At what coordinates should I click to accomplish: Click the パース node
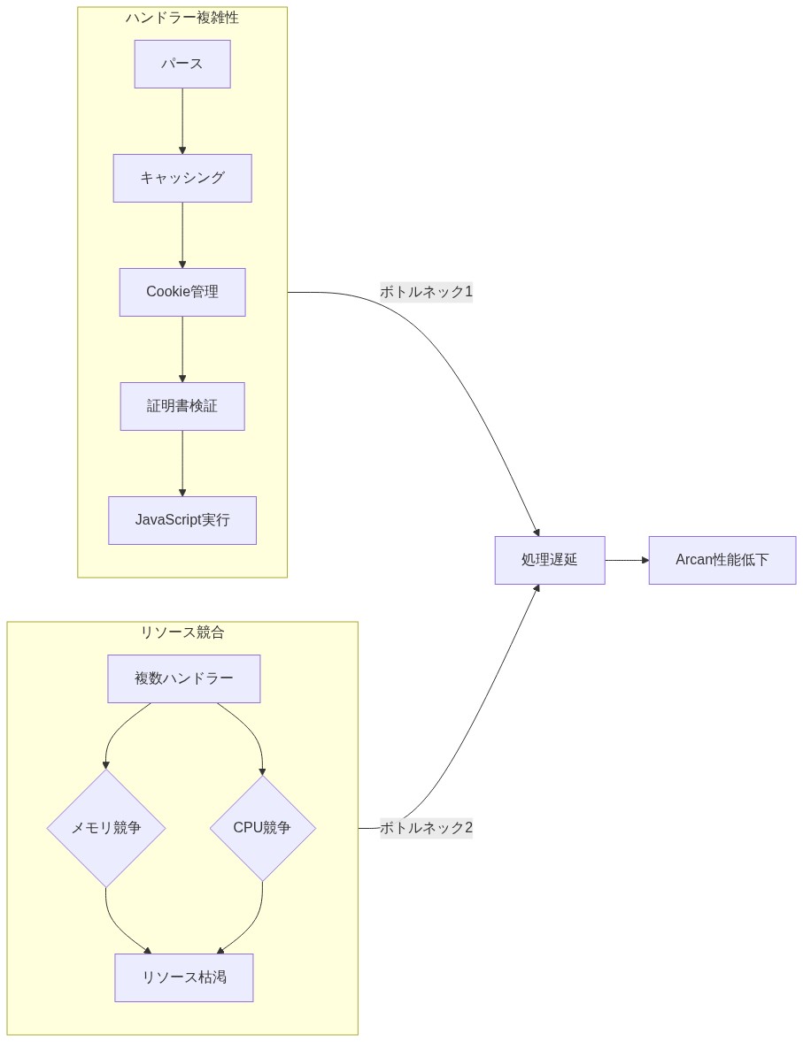[182, 64]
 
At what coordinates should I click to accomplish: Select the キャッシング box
[182, 178]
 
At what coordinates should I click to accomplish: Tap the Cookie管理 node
[182, 292]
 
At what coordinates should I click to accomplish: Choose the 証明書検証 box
[182, 406]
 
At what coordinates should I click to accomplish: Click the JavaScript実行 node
[182, 520]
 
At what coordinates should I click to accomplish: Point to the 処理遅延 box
[550, 560]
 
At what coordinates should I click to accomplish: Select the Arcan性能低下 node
[722, 560]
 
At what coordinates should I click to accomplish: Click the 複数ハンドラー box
[184, 678]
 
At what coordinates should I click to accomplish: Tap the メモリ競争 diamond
[106, 828]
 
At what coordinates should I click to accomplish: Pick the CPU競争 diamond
[262, 828]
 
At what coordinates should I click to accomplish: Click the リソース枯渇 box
[184, 977]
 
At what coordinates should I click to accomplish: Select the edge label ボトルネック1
[426, 292]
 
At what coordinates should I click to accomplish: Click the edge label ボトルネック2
[426, 828]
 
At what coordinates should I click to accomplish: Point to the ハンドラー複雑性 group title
[182, 18]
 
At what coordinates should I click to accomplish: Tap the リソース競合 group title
[182, 632]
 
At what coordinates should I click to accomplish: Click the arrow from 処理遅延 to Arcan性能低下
[627, 560]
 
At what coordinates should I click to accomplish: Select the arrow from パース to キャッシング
[182, 121]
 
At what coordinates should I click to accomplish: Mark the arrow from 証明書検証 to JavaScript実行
[182, 464]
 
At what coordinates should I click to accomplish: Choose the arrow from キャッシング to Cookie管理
[182, 235]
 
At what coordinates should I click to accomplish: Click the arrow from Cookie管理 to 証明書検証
[182, 349]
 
